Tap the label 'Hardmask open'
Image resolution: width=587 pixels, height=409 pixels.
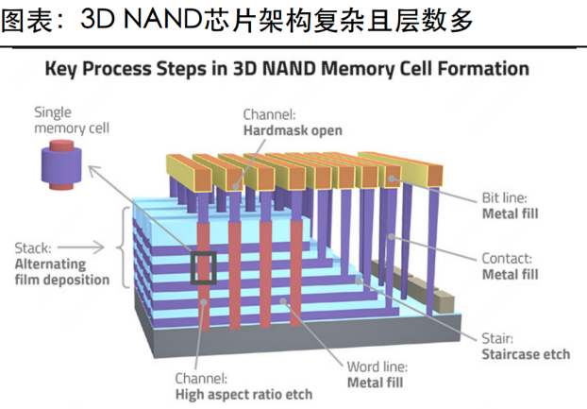point(292,131)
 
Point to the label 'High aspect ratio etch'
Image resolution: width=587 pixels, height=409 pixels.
point(243,392)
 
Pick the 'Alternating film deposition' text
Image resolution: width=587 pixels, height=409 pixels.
point(62,272)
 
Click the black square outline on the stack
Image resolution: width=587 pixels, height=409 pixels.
point(204,267)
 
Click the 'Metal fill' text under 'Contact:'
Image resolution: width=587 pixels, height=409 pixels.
point(511,274)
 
